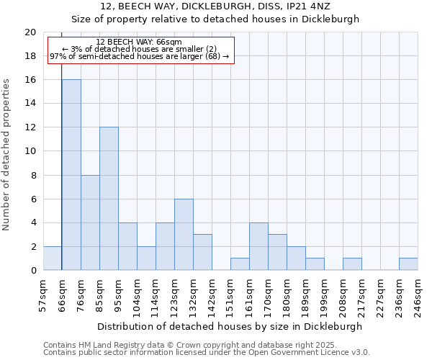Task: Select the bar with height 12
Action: [109, 199]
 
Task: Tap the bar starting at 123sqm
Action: [184, 235]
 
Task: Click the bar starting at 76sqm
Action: [90, 222]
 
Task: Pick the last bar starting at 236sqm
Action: [408, 264]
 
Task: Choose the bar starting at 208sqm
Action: [352, 264]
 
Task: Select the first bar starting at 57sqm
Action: [53, 258]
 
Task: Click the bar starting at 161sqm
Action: [258, 246]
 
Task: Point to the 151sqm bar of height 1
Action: [240, 264]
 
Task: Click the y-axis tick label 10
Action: [30, 151]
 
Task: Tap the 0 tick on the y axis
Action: [33, 271]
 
